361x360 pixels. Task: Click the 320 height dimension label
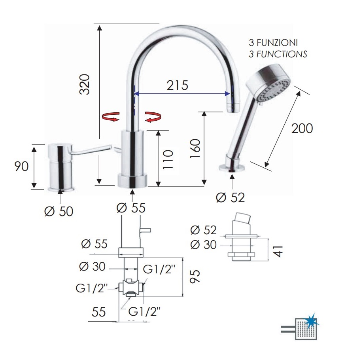click(85, 84)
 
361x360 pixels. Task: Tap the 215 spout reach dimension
click(177, 85)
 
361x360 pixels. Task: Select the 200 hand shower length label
click(302, 128)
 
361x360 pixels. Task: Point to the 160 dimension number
click(195, 148)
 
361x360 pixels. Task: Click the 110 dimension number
click(168, 159)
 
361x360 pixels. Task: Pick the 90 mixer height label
click(21, 166)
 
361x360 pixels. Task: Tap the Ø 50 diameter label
click(59, 211)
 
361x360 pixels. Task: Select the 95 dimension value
click(195, 276)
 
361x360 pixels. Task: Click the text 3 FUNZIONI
click(273, 43)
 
